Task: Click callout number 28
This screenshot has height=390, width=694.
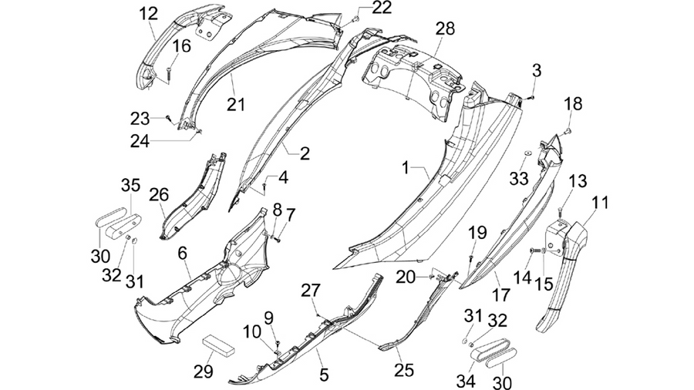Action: (445, 29)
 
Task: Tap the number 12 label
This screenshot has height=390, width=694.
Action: (148, 14)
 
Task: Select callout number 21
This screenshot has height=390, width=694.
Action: (236, 105)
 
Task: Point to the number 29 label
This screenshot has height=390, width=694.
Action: (203, 372)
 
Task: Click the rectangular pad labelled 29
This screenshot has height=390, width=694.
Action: (218, 344)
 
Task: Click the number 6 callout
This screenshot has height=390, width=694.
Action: (182, 254)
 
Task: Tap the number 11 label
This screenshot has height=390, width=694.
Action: (600, 203)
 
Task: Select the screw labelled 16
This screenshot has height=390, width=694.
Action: (169, 70)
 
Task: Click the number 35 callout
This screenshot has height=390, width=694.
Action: (130, 185)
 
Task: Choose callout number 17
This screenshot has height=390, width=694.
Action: (501, 294)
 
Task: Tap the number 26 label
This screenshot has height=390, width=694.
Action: (158, 194)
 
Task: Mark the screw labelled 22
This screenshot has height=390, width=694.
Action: (355, 18)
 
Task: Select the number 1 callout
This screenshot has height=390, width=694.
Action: (406, 168)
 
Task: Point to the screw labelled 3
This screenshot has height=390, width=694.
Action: (532, 97)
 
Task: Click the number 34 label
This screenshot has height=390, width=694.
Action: (466, 381)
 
